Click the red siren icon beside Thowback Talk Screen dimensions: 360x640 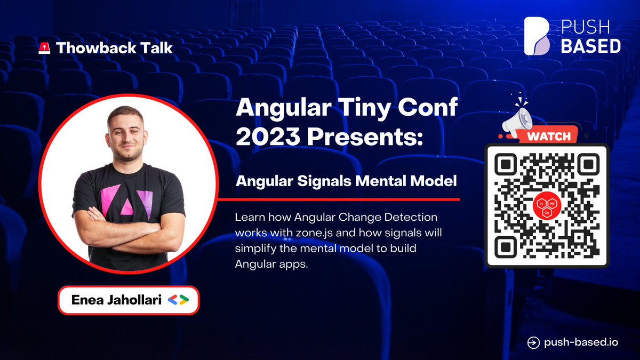tap(45, 48)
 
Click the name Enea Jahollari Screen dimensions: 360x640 tap(117, 300)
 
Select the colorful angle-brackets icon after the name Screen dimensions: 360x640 tap(178, 300)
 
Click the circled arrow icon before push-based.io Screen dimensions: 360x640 tap(532, 342)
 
